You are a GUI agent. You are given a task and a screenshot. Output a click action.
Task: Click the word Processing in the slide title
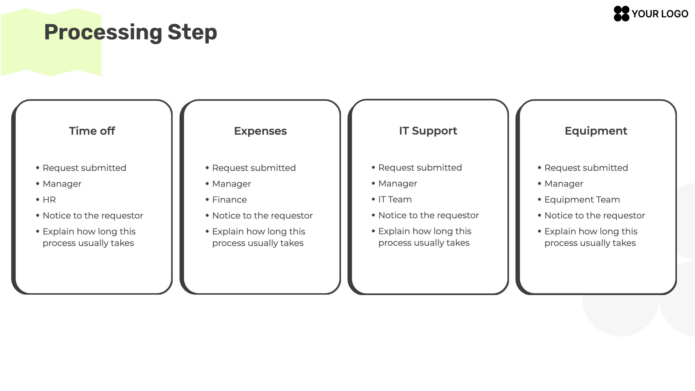(103, 32)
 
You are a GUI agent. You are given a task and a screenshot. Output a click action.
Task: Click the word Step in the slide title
(192, 32)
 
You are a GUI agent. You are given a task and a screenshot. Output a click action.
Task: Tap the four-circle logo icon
(621, 14)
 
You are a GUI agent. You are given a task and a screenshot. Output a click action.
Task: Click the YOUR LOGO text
(660, 14)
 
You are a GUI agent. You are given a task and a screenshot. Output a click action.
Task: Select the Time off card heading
(92, 131)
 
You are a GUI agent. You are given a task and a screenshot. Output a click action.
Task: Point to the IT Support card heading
(428, 131)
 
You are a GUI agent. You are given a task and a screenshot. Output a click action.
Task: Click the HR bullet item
(49, 200)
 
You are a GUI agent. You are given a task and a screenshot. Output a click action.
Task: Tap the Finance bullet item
(230, 200)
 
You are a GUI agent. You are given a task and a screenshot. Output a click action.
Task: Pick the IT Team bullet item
(395, 199)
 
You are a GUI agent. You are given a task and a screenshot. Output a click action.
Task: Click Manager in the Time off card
(62, 184)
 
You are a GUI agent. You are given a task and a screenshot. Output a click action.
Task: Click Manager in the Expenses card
(232, 184)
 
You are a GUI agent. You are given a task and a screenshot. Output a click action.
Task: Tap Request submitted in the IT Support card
(420, 168)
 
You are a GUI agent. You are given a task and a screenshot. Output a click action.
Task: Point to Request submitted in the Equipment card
(586, 168)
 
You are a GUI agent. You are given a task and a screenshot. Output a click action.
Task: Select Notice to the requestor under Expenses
(262, 216)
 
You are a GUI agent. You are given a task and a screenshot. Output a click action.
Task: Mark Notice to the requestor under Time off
(93, 216)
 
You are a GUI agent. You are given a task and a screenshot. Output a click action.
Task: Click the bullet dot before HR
(38, 200)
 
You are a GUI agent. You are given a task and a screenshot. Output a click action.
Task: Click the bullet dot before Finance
(207, 200)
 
